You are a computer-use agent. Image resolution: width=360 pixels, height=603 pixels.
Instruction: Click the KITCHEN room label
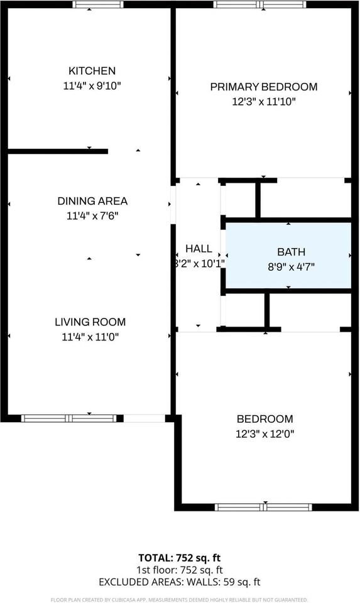92,71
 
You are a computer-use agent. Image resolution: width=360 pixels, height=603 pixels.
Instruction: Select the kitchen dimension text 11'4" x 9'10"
92,85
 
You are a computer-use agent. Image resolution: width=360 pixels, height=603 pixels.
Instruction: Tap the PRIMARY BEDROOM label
263,87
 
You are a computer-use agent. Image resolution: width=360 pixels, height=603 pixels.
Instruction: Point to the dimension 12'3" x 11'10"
263,101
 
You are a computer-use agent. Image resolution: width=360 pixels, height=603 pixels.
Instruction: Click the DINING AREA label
92,201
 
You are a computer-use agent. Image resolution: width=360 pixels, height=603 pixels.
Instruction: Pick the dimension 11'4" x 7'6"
92,215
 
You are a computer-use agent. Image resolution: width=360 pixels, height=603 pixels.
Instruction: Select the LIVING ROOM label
89,322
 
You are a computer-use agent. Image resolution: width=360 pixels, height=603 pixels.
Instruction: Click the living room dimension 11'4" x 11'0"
89,337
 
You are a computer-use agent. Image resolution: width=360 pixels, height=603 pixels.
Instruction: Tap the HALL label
198,249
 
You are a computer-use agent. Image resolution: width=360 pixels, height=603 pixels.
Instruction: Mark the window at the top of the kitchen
98,4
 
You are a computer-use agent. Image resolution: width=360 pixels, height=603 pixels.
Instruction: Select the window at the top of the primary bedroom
260,4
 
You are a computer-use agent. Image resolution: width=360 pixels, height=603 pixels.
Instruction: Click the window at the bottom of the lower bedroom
263,507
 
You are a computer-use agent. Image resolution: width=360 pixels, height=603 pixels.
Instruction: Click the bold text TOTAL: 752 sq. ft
180,557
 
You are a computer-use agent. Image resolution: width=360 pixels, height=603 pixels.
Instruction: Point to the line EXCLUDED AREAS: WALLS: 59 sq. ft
180,582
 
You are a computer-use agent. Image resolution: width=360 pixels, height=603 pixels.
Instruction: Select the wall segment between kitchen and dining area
58,151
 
